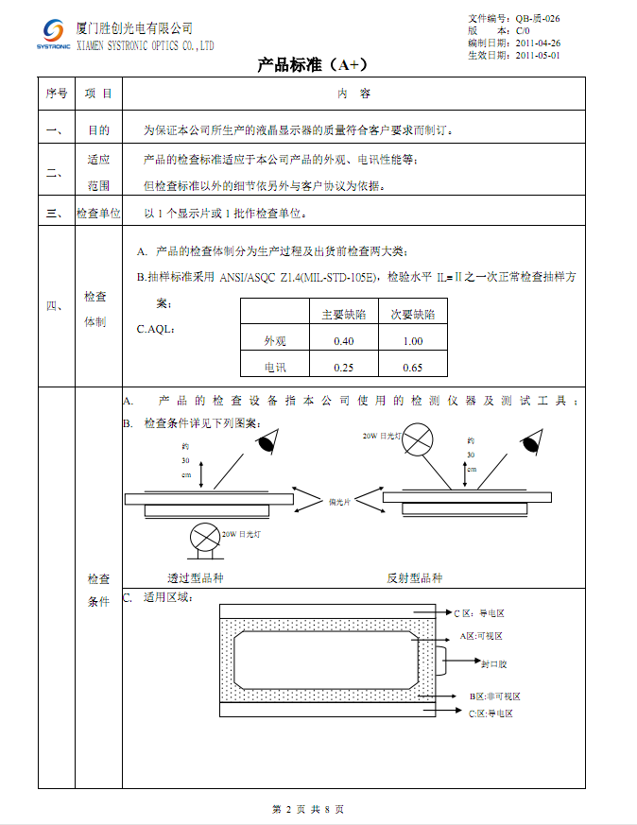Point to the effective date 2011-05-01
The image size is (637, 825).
(x=538, y=56)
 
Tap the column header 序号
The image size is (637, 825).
(x=56, y=94)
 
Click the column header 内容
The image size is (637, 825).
(x=353, y=94)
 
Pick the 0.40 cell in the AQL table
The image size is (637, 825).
(x=344, y=341)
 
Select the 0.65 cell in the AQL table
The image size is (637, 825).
(x=412, y=367)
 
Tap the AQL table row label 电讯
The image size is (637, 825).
(x=275, y=367)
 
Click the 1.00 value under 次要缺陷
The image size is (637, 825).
(x=412, y=341)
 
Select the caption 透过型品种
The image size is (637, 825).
(x=196, y=577)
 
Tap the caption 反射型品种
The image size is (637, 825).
(x=414, y=577)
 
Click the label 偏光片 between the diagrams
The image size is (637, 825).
(x=339, y=502)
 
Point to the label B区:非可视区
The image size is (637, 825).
(x=495, y=696)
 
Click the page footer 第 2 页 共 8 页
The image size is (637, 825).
(x=308, y=810)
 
